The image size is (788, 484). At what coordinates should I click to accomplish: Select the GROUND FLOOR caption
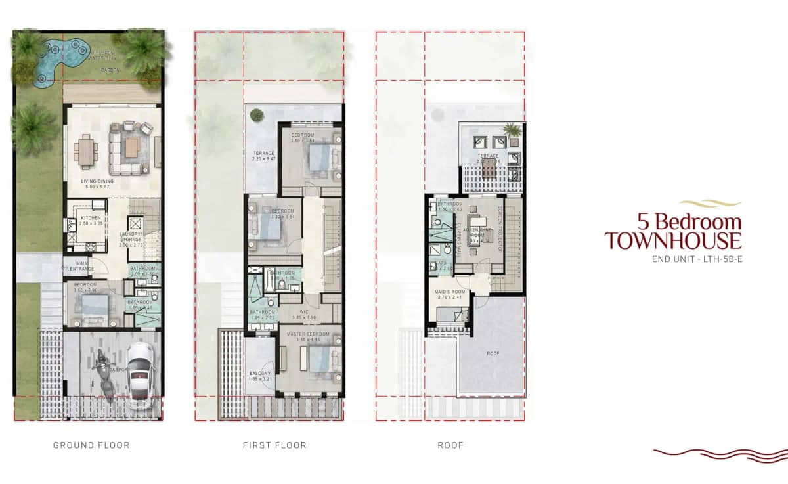tap(91, 445)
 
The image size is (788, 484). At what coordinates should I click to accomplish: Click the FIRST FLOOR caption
tap(274, 445)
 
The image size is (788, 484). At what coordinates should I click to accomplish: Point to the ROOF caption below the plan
tap(450, 445)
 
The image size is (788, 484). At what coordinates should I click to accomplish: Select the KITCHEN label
tap(89, 218)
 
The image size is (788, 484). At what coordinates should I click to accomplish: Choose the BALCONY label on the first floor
tap(261, 372)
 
